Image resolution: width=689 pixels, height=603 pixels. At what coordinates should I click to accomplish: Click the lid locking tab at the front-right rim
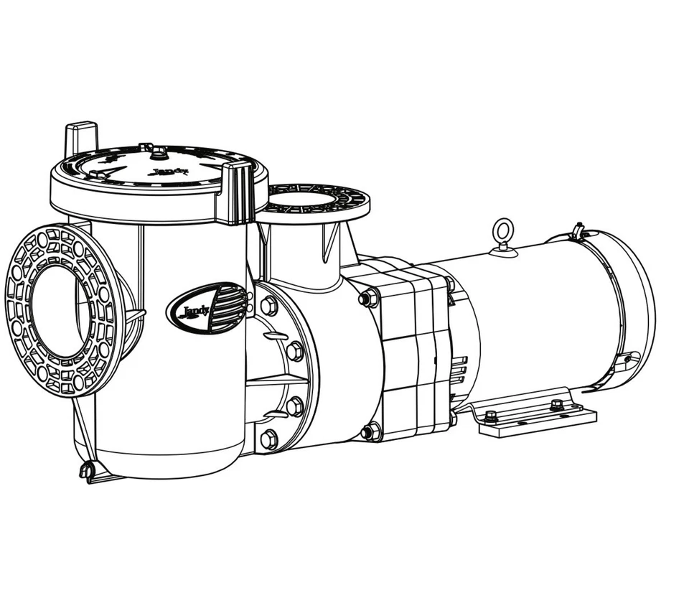point(237,192)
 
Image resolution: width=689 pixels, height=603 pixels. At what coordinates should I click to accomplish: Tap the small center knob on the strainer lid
point(159,153)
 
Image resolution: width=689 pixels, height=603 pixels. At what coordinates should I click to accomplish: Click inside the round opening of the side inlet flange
point(60,309)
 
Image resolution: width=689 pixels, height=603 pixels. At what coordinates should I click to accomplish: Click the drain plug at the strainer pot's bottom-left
point(86,471)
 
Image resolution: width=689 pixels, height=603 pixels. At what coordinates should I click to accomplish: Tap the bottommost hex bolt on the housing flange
point(269,439)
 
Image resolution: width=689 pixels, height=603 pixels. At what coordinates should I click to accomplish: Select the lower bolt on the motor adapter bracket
point(370,431)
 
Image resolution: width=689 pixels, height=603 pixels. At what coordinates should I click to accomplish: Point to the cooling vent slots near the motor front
point(459,373)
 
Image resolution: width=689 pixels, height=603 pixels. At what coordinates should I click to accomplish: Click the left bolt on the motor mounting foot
point(491,416)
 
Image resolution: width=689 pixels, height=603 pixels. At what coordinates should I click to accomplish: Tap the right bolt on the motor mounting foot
point(556,405)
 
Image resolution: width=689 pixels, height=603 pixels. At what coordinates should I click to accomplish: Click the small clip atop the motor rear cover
point(578,231)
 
